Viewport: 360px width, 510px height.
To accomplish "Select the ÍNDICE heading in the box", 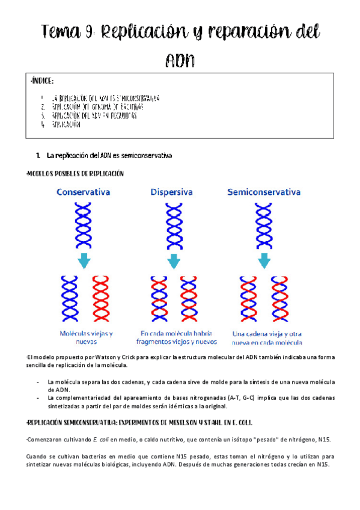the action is pos(42,81).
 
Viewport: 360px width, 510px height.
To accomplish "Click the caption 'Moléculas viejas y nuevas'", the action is pos(86,337).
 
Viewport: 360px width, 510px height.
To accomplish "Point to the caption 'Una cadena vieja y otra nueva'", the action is pos(266,337).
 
